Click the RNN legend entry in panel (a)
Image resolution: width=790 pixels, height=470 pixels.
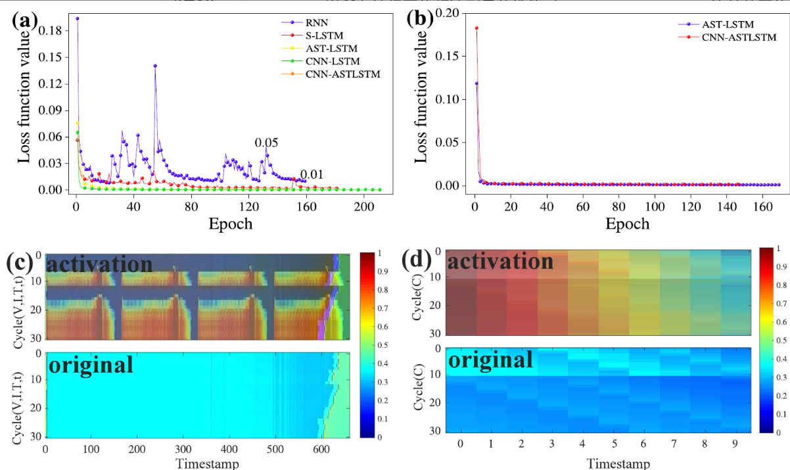point(305,22)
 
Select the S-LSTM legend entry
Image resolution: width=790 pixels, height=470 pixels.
point(312,35)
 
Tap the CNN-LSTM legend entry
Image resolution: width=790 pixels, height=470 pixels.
point(321,61)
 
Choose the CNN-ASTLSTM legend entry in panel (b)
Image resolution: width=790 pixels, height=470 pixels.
point(727,37)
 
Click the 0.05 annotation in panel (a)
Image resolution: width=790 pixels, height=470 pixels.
point(266,143)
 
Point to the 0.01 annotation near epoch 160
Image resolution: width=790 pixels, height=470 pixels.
point(312,175)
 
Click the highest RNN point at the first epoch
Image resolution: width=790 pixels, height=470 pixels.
point(78,18)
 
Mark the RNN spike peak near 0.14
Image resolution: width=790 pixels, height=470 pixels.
point(155,66)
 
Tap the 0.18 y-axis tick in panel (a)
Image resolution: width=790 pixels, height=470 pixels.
point(50,31)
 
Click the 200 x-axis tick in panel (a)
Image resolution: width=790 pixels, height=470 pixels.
point(364,206)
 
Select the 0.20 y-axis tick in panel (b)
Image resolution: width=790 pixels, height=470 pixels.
point(448,13)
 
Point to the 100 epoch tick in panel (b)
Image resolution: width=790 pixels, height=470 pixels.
point(655,206)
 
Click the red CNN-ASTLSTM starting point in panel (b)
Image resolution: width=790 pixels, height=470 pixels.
point(476,28)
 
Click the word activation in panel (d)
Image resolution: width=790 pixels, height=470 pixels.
point(500,262)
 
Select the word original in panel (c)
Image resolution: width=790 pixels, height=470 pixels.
point(91,365)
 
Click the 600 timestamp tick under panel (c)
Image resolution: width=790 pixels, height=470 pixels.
point(321,449)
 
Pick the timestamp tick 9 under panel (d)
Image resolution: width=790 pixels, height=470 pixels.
point(735,444)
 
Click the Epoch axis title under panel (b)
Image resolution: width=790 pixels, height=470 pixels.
point(628,224)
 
